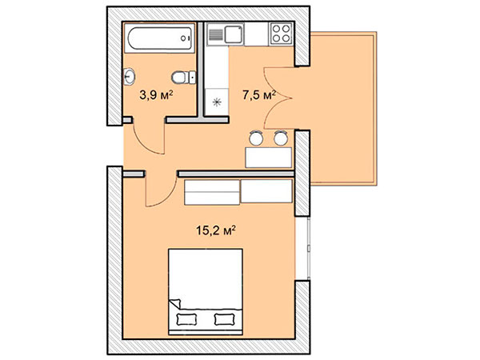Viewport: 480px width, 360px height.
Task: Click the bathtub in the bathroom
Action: (x=159, y=38)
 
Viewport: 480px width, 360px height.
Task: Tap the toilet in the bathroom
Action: (x=184, y=78)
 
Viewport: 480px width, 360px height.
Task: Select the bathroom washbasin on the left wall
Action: (x=129, y=77)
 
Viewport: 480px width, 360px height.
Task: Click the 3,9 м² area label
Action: (x=156, y=95)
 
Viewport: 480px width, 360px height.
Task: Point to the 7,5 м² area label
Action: (x=259, y=95)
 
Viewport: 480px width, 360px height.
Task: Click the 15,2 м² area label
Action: (x=216, y=230)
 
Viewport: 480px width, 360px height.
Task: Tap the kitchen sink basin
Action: (x=234, y=34)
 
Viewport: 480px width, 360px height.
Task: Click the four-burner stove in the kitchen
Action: (x=281, y=34)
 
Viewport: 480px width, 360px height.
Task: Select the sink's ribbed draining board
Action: (x=216, y=34)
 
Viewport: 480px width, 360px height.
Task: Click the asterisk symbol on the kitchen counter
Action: (x=217, y=102)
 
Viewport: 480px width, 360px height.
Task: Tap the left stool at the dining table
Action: (x=256, y=138)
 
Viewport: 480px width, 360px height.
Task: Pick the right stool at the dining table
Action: (x=281, y=138)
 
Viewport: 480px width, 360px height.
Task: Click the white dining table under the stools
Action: (x=269, y=158)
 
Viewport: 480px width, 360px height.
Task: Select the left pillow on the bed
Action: (x=186, y=319)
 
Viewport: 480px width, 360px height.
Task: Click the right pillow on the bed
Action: (x=225, y=319)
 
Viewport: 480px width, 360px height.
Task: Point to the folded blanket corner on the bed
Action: (x=174, y=304)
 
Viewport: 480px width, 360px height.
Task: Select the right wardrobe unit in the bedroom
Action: (x=266, y=191)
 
